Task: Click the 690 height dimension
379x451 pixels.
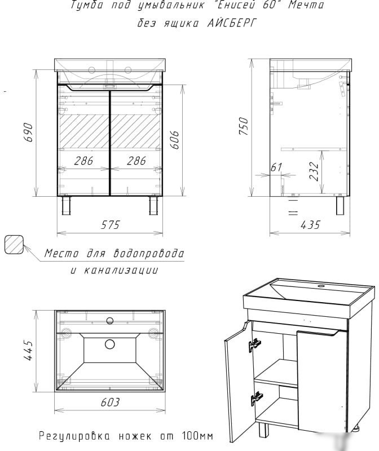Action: pos(28,132)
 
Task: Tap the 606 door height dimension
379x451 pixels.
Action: pos(175,140)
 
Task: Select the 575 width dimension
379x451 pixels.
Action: pos(110,225)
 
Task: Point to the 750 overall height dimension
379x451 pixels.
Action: pos(244,126)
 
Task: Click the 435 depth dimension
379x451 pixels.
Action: pos(310,225)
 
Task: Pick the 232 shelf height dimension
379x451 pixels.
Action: pos(314,172)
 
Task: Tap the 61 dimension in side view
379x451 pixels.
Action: pos(276,167)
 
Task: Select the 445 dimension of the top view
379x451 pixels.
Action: pos(28,350)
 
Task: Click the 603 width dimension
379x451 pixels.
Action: pos(110,403)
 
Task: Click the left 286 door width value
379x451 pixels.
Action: pos(83,161)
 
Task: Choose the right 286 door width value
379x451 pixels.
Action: pos(136,161)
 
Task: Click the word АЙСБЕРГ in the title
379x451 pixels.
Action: pos(231,23)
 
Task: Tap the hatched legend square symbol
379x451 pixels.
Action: pos(14,245)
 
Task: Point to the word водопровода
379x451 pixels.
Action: pos(148,253)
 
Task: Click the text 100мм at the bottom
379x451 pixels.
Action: pos(198,436)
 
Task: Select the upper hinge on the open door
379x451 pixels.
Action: pos(255,344)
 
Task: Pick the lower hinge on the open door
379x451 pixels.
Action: pos(257,399)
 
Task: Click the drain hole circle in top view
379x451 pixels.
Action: pos(109,344)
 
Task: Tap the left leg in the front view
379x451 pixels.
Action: pos(66,206)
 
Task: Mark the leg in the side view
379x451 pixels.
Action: pos(340,206)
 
